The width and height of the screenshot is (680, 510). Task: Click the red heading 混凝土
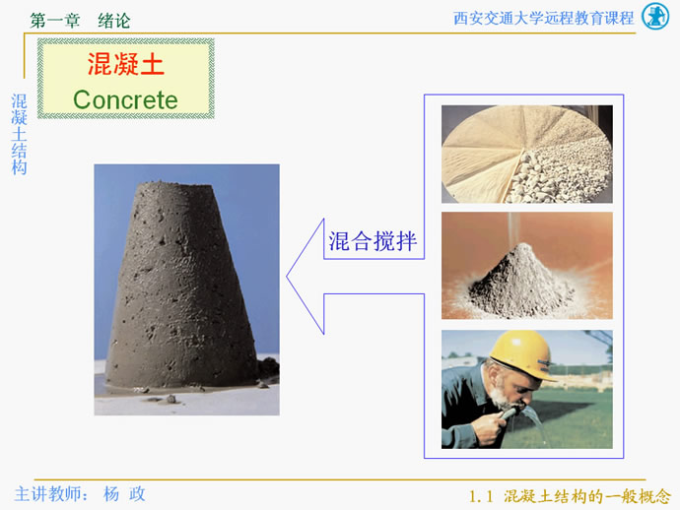click(126, 64)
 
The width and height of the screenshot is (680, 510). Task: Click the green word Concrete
click(125, 99)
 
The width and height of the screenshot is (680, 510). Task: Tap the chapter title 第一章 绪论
click(80, 21)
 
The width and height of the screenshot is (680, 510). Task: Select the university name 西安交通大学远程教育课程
click(543, 18)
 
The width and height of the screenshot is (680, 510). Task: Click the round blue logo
click(654, 17)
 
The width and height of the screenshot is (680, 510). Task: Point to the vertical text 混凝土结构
click(19, 134)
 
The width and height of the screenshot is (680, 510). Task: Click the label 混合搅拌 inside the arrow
click(373, 241)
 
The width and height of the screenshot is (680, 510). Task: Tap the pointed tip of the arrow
click(287, 277)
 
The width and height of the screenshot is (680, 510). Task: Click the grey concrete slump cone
click(181, 286)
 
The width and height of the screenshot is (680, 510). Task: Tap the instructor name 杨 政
click(124, 494)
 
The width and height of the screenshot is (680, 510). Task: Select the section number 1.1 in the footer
click(481, 496)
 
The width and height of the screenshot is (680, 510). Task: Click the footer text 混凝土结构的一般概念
click(587, 496)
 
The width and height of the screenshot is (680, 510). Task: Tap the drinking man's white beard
click(502, 397)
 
